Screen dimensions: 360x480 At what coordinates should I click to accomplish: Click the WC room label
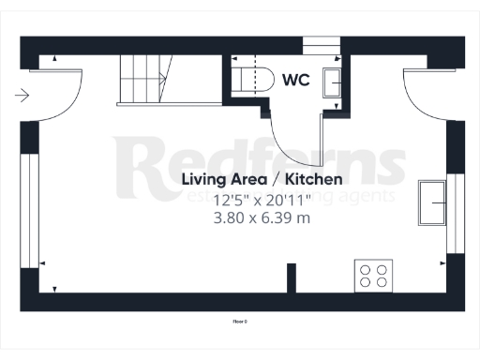coord(297,81)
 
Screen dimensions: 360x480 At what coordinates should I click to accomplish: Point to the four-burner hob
coord(373,276)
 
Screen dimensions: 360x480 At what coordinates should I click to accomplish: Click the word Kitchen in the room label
coord(314,179)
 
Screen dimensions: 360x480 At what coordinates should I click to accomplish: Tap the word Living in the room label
coord(203,179)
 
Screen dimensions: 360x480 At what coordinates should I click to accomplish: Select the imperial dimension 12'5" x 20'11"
coord(262,200)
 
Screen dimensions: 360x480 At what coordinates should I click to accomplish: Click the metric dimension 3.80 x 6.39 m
coord(262,217)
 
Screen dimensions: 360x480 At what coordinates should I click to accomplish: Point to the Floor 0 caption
coord(239,322)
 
